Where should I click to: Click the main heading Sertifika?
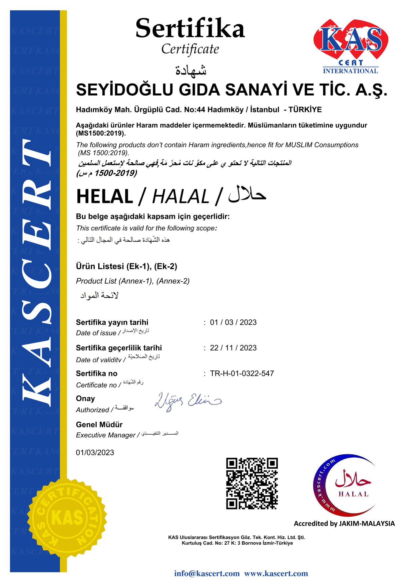[190, 29]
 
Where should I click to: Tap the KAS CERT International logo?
[350, 46]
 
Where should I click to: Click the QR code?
[252, 483]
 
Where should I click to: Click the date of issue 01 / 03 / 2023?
[233, 322]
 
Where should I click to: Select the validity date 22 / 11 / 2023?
[233, 348]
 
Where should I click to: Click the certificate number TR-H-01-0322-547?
[242, 373]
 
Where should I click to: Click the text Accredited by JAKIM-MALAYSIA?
[344, 523]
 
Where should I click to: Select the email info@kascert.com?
[207, 573]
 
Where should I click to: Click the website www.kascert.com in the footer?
[276, 573]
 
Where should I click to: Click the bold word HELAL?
[105, 197]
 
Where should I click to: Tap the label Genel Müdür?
[99, 424]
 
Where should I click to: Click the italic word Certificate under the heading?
[190, 49]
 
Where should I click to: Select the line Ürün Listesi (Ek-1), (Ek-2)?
[127, 266]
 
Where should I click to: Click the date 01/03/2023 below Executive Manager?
[95, 453]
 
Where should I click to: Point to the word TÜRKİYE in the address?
[305, 110]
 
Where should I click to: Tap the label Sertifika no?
[97, 373]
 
